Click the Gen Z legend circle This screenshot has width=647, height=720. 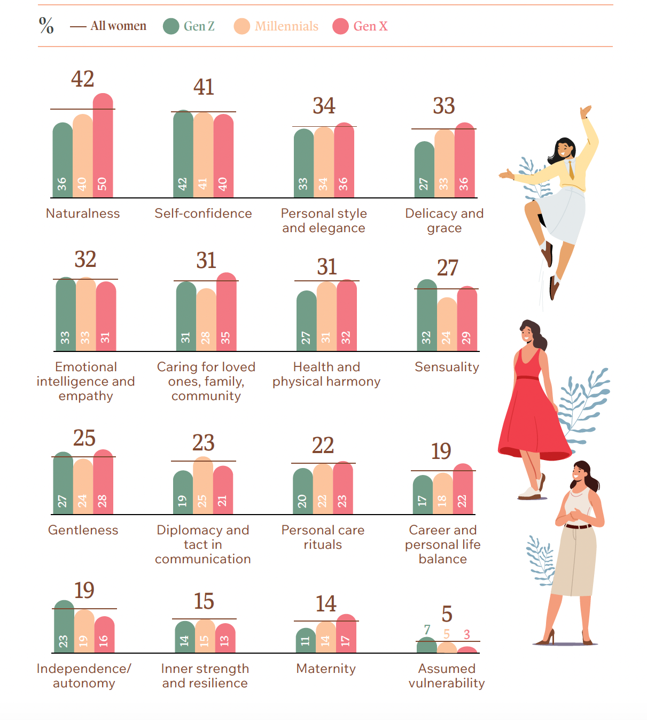[x=171, y=26]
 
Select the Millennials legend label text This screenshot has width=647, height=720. [x=286, y=26]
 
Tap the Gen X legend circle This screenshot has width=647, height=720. [x=340, y=26]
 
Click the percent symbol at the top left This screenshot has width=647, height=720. [x=46, y=25]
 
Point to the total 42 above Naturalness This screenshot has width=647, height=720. [x=83, y=79]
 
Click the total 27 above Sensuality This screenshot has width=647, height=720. [x=448, y=267]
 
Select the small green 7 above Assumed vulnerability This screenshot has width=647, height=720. [x=427, y=630]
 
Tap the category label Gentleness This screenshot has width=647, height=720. [x=83, y=530]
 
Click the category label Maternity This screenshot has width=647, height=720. [x=326, y=669]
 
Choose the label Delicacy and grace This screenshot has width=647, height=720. [x=444, y=220]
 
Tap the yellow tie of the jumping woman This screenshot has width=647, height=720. [x=571, y=170]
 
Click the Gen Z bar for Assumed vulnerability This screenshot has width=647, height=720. [x=426, y=646]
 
